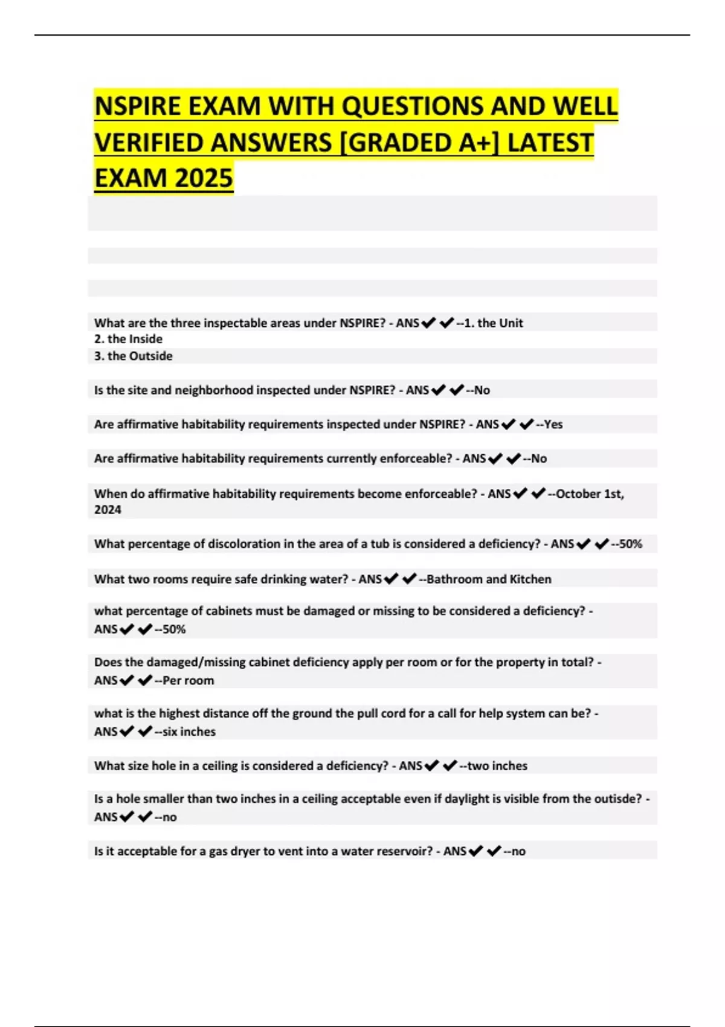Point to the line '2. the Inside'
pyautogui.click(x=128, y=339)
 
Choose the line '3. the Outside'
pyautogui.click(x=133, y=356)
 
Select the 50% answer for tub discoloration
pyautogui.click(x=630, y=544)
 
